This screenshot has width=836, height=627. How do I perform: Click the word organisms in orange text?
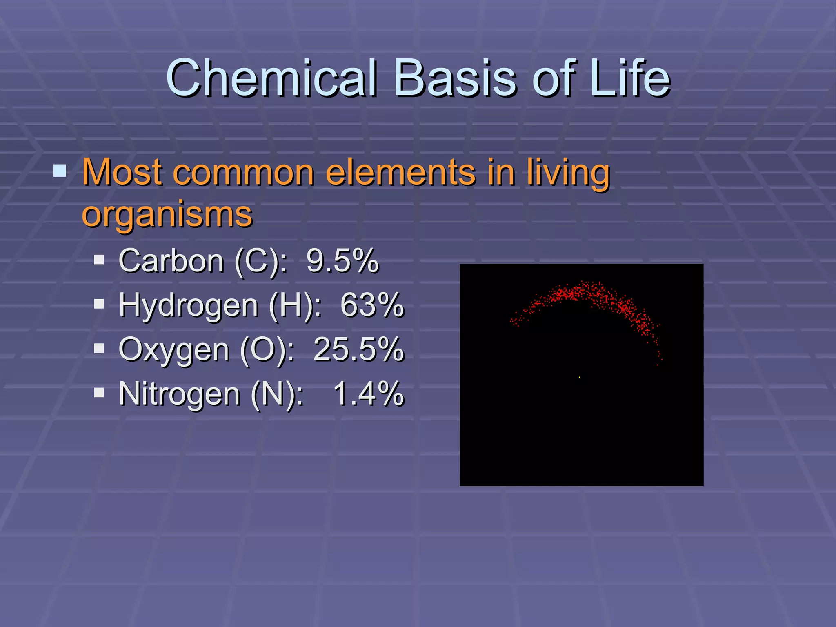coord(167,215)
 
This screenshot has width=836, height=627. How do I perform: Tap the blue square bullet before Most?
coord(60,171)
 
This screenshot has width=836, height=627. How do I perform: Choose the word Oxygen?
coord(173,350)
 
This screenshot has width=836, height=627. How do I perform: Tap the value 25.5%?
coord(358,349)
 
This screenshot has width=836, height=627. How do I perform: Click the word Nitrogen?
coord(179,394)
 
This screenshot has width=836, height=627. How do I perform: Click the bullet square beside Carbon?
coord(99,260)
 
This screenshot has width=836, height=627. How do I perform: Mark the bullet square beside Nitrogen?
coord(99,393)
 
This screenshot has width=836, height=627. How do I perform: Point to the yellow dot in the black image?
coord(579,377)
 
